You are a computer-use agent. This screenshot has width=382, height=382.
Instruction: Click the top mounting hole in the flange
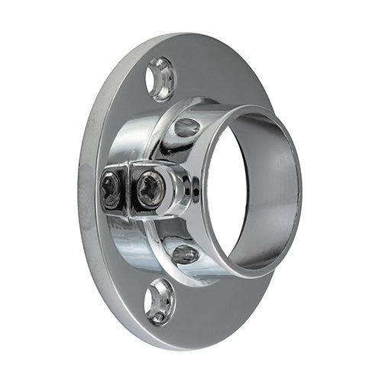161,79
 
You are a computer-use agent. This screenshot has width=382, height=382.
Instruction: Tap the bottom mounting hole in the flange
160,300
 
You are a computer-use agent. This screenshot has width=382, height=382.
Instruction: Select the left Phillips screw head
112,188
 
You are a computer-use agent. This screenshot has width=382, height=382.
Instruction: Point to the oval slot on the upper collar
187,126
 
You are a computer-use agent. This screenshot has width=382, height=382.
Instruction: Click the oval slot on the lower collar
186,254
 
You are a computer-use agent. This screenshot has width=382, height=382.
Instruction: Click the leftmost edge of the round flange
79,191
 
